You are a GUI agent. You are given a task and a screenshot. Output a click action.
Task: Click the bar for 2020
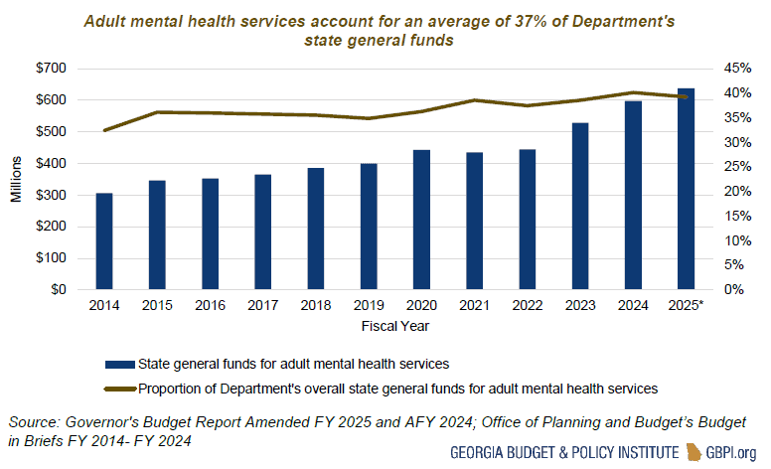(x=421, y=220)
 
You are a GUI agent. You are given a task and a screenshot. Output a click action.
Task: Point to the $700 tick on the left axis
(x=53, y=69)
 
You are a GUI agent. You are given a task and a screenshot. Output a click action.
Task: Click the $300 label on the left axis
(x=53, y=196)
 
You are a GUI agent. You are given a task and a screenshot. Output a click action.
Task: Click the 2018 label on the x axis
(x=315, y=305)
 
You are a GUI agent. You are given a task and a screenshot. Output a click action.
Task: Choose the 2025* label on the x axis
(x=687, y=305)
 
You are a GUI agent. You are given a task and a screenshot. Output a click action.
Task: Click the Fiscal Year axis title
(x=394, y=325)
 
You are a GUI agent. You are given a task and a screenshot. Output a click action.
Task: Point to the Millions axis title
(x=17, y=180)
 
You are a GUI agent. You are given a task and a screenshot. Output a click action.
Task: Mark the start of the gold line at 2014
(x=104, y=130)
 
